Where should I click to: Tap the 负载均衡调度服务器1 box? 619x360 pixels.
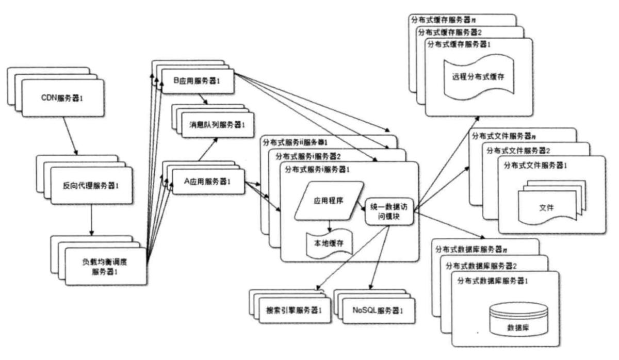tap(106, 266)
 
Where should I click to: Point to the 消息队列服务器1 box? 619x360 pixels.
tap(214, 125)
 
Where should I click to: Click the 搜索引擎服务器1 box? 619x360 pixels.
tap(295, 310)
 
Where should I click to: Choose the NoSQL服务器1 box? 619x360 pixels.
tap(378, 310)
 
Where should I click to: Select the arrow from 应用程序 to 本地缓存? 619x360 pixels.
tap(329, 225)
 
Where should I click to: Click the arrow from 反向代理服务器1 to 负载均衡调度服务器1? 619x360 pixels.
tap(91, 220)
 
